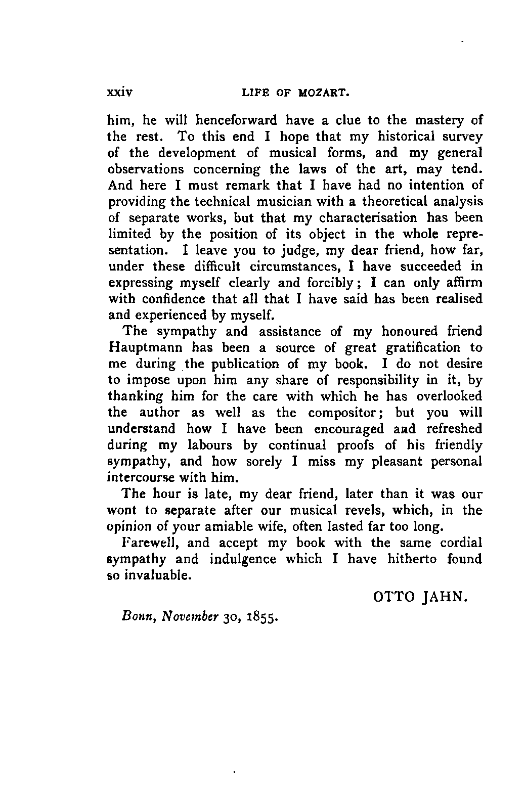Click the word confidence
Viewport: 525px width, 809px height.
[171, 299]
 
